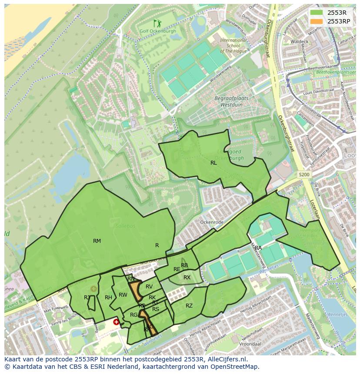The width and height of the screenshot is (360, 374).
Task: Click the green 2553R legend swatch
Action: click(x=317, y=12)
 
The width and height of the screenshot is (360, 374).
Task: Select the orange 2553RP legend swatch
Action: click(x=317, y=21)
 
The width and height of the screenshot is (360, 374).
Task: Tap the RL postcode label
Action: click(x=213, y=163)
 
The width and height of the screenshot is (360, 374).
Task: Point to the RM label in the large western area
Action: click(x=97, y=241)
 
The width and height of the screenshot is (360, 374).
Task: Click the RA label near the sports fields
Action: click(x=258, y=248)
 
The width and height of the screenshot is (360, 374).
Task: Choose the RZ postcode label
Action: click(x=189, y=306)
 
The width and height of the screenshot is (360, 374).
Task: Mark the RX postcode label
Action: click(x=187, y=277)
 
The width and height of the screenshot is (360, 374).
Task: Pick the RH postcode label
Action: click(x=108, y=297)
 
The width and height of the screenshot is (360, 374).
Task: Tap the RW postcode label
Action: click(x=123, y=295)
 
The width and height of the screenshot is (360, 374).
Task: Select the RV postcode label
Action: click(x=149, y=286)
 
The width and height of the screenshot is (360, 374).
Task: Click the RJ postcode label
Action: click(x=87, y=297)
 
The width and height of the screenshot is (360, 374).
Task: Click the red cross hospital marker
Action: click(x=116, y=322)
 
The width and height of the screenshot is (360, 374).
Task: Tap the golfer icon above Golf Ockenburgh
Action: click(x=157, y=23)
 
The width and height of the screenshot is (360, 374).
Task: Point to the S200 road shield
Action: click(x=304, y=175)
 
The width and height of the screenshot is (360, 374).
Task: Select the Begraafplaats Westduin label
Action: click(x=231, y=101)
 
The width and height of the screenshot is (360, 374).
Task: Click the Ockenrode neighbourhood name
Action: click(x=211, y=222)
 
